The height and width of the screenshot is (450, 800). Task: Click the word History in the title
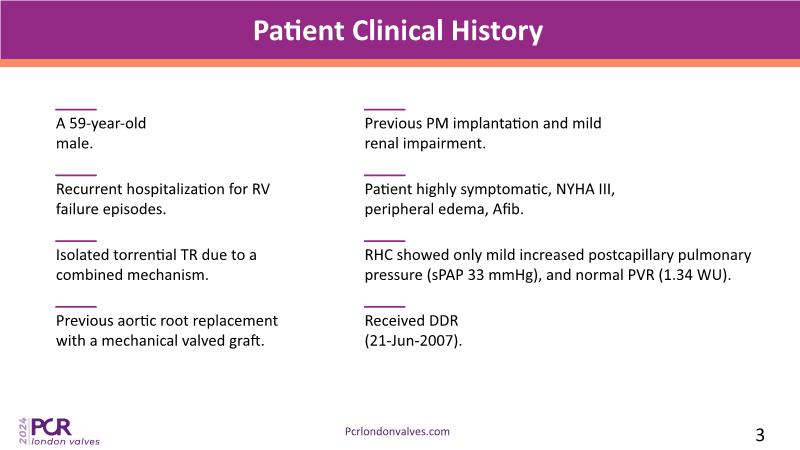click(x=496, y=31)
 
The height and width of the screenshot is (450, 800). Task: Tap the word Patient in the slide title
click(x=299, y=31)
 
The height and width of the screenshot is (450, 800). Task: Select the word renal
click(x=382, y=143)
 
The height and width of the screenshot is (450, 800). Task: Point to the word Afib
click(x=508, y=209)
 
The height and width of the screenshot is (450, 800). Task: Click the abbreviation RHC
click(x=379, y=255)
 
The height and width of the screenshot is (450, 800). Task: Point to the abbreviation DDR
click(x=443, y=320)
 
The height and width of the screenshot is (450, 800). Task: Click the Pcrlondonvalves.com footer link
click(x=397, y=432)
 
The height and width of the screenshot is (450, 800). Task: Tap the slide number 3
click(x=760, y=435)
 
